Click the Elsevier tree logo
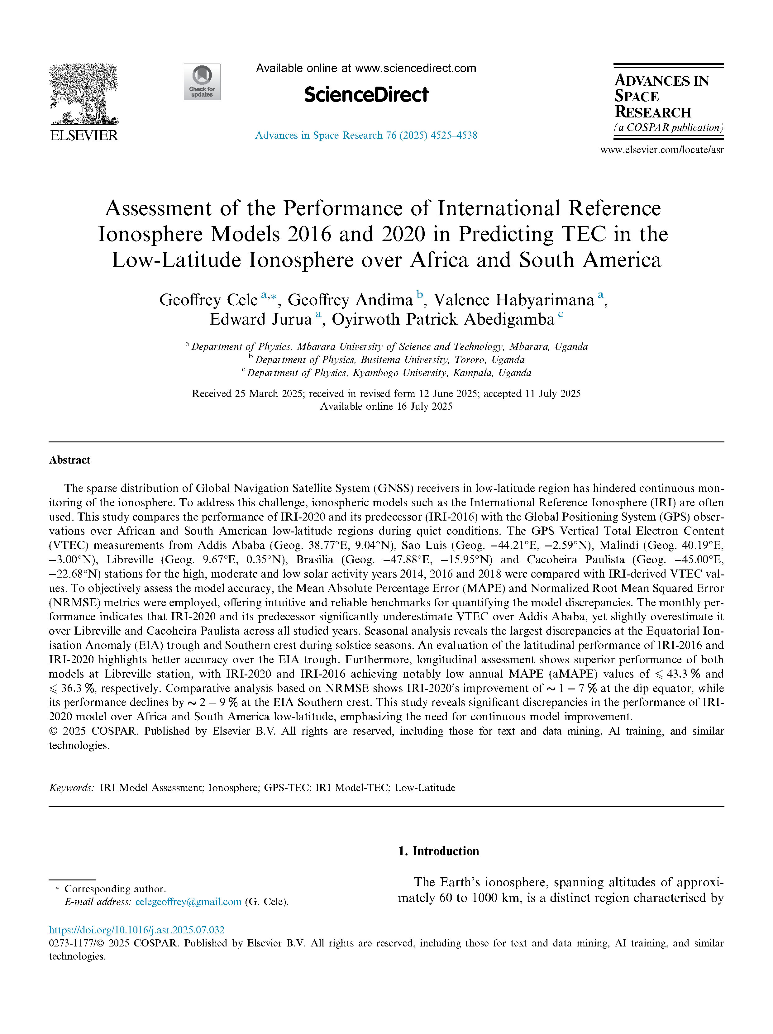84,93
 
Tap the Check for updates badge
202,82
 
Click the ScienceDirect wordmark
366,95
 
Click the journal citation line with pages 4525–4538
366,136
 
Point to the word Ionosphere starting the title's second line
150,234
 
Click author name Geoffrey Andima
350,300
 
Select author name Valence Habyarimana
513,300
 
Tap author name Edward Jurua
260,319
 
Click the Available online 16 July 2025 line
386,407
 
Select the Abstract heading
70,460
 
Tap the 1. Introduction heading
438,851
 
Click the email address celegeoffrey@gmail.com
188,902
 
